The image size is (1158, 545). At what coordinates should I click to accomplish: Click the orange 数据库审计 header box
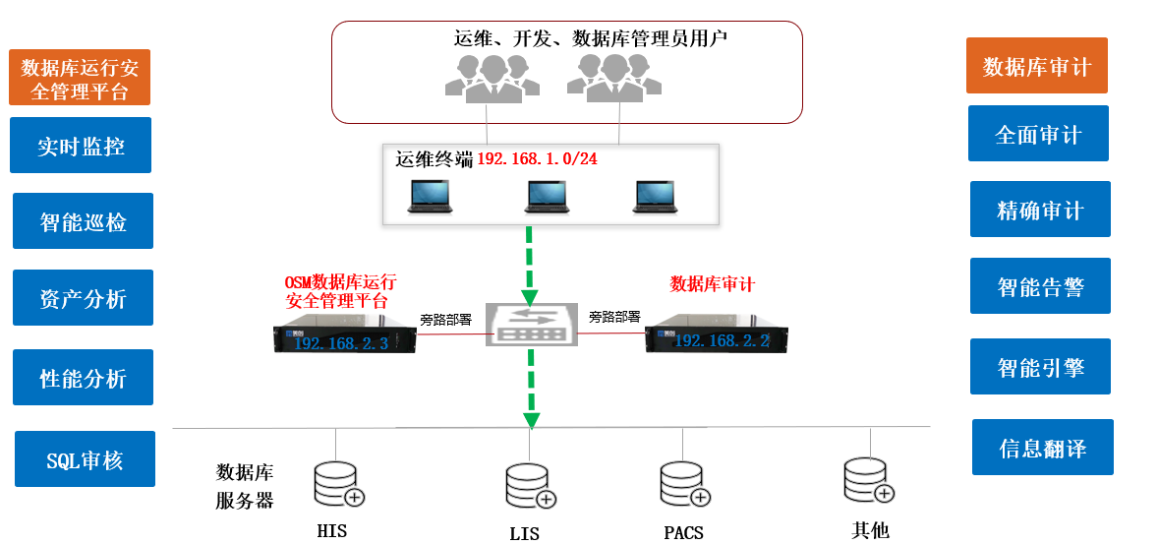tap(1036, 66)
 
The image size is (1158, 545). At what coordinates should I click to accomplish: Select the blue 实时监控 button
tap(81, 146)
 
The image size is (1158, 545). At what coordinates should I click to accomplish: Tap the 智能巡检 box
tap(83, 221)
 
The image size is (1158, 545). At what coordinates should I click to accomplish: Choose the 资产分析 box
tap(83, 298)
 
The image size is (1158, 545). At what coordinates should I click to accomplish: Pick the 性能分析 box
tap(83, 378)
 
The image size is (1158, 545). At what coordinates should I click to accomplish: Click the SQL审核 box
tap(85, 459)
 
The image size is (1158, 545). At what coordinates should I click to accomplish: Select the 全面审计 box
tap(1038, 134)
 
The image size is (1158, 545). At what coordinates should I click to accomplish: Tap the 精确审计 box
tap(1040, 210)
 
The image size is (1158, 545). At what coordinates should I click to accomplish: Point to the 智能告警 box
tap(1040, 286)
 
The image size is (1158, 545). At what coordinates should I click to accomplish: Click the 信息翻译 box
tap(1042, 448)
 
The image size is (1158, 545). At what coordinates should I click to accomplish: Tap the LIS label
tap(524, 534)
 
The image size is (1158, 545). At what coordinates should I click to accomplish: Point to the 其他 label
tap(870, 530)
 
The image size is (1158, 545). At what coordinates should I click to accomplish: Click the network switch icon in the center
tap(530, 325)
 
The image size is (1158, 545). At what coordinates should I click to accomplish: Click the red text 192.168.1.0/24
tap(537, 159)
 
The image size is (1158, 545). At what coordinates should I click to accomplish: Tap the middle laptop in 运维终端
tap(547, 196)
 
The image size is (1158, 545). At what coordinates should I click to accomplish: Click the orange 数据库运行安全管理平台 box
tap(80, 78)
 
